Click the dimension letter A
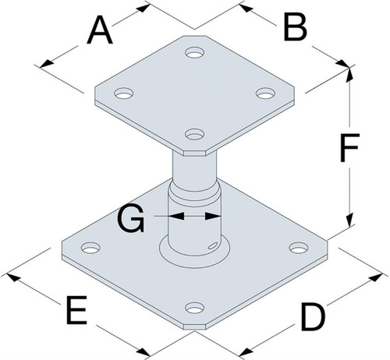click(100, 30)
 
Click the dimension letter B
click(296, 27)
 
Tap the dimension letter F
click(350, 147)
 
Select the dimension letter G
click(131, 218)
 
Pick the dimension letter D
click(313, 317)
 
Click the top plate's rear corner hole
click(194, 52)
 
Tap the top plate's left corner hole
click(124, 94)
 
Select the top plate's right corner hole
click(265, 94)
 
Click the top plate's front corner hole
click(194, 134)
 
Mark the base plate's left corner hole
click(90, 248)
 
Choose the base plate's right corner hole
click(299, 247)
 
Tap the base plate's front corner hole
click(194, 308)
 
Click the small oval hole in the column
click(212, 245)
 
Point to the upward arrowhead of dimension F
click(350, 75)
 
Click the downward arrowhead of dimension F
click(350, 220)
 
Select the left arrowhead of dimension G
click(176, 216)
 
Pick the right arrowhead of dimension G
click(213, 216)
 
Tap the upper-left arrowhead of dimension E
click(13, 277)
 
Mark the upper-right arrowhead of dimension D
click(375, 277)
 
